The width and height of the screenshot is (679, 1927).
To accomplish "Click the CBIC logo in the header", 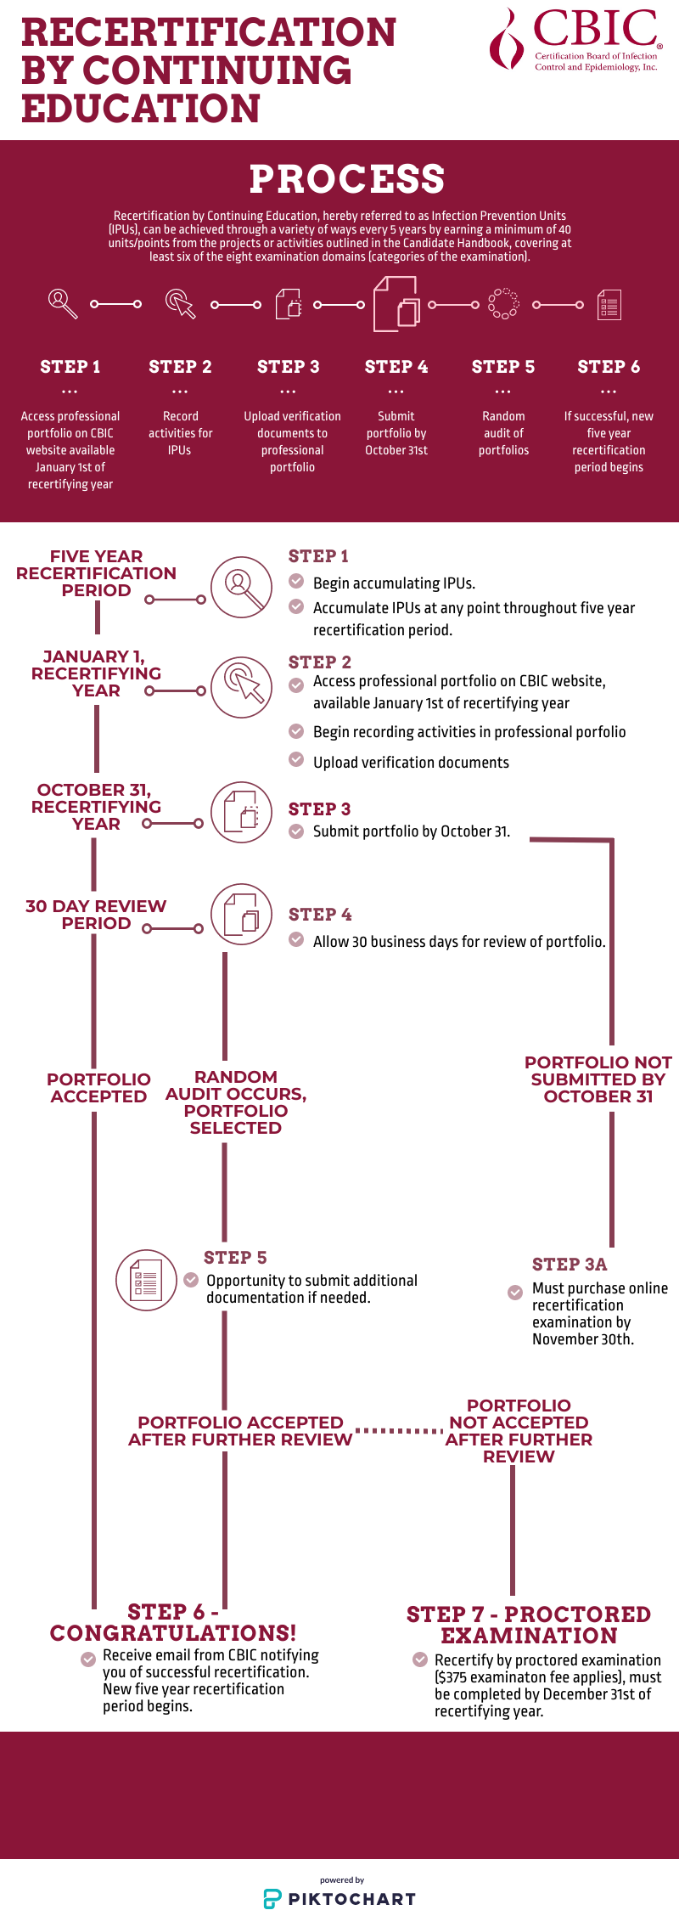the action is tap(575, 39).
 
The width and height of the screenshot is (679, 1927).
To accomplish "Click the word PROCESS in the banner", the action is tap(347, 178).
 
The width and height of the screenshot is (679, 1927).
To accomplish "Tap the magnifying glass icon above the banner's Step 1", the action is tap(63, 303).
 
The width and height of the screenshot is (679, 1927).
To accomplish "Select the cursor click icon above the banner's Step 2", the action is tap(180, 303).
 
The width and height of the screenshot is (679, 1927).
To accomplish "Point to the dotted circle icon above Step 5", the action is tap(503, 303).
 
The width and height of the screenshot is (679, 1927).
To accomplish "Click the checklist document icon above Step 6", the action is tap(609, 304).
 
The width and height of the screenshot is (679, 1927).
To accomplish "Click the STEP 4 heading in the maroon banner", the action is tap(396, 367).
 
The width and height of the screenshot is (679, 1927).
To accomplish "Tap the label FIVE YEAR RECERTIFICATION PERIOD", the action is tap(96, 573).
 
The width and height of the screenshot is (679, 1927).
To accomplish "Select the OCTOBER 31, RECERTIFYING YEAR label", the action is tap(96, 807).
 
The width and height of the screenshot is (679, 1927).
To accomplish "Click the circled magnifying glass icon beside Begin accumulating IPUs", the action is tap(241, 587).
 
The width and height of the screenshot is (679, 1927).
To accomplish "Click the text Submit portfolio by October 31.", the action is tap(412, 831).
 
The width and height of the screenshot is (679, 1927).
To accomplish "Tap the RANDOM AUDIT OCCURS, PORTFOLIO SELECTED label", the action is tap(236, 1102).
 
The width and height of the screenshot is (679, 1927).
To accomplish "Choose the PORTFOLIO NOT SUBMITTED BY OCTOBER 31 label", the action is tap(598, 1079).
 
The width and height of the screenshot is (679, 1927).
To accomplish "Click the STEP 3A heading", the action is tap(570, 1265).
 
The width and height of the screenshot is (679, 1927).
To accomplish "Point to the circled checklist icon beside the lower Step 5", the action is tap(147, 1280).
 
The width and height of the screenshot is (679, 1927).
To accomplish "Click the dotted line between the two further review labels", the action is tap(399, 1431).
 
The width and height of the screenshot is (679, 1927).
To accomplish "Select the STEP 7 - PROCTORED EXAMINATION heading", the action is tap(529, 1625).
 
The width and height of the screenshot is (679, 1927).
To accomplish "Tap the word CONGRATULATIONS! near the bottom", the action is tap(173, 1633).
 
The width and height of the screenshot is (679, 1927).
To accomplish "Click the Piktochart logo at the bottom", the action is tap(339, 1899).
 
